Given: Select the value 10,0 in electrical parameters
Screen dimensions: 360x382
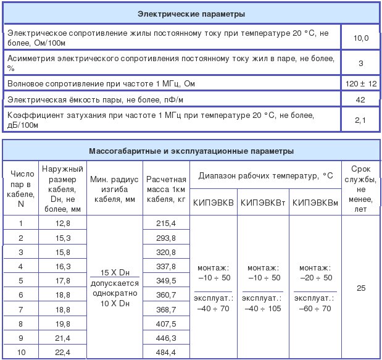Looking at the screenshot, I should pyautogui.click(x=360, y=38).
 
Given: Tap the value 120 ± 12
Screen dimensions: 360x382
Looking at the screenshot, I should pyautogui.click(x=360, y=83).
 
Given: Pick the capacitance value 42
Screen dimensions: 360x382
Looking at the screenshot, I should pyautogui.click(x=360, y=99).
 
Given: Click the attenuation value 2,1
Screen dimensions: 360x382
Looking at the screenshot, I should pyautogui.click(x=360, y=120).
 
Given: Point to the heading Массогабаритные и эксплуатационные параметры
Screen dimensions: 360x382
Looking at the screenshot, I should pyautogui.click(x=191, y=151).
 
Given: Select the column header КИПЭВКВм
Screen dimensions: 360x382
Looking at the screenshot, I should pyautogui.click(x=314, y=203).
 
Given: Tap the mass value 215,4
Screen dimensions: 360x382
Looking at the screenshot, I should pyautogui.click(x=166, y=223).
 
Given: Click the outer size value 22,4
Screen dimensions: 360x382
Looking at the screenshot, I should pyautogui.click(x=64, y=352).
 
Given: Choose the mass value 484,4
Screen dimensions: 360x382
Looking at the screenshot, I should pyautogui.click(x=166, y=352).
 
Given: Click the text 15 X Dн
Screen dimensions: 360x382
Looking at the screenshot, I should pyautogui.click(x=115, y=272).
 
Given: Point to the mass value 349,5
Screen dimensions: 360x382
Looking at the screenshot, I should pyautogui.click(x=166, y=280).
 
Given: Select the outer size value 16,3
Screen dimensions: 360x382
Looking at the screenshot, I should pyautogui.click(x=64, y=266).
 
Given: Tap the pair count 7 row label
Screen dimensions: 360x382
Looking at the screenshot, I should pyautogui.click(x=21, y=309).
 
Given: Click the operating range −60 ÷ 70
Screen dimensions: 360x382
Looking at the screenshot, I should pyautogui.click(x=314, y=308).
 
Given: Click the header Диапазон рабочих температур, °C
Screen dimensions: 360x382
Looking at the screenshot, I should pyautogui.click(x=265, y=175).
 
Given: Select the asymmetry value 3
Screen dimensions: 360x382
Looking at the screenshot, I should pyautogui.click(x=360, y=63).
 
